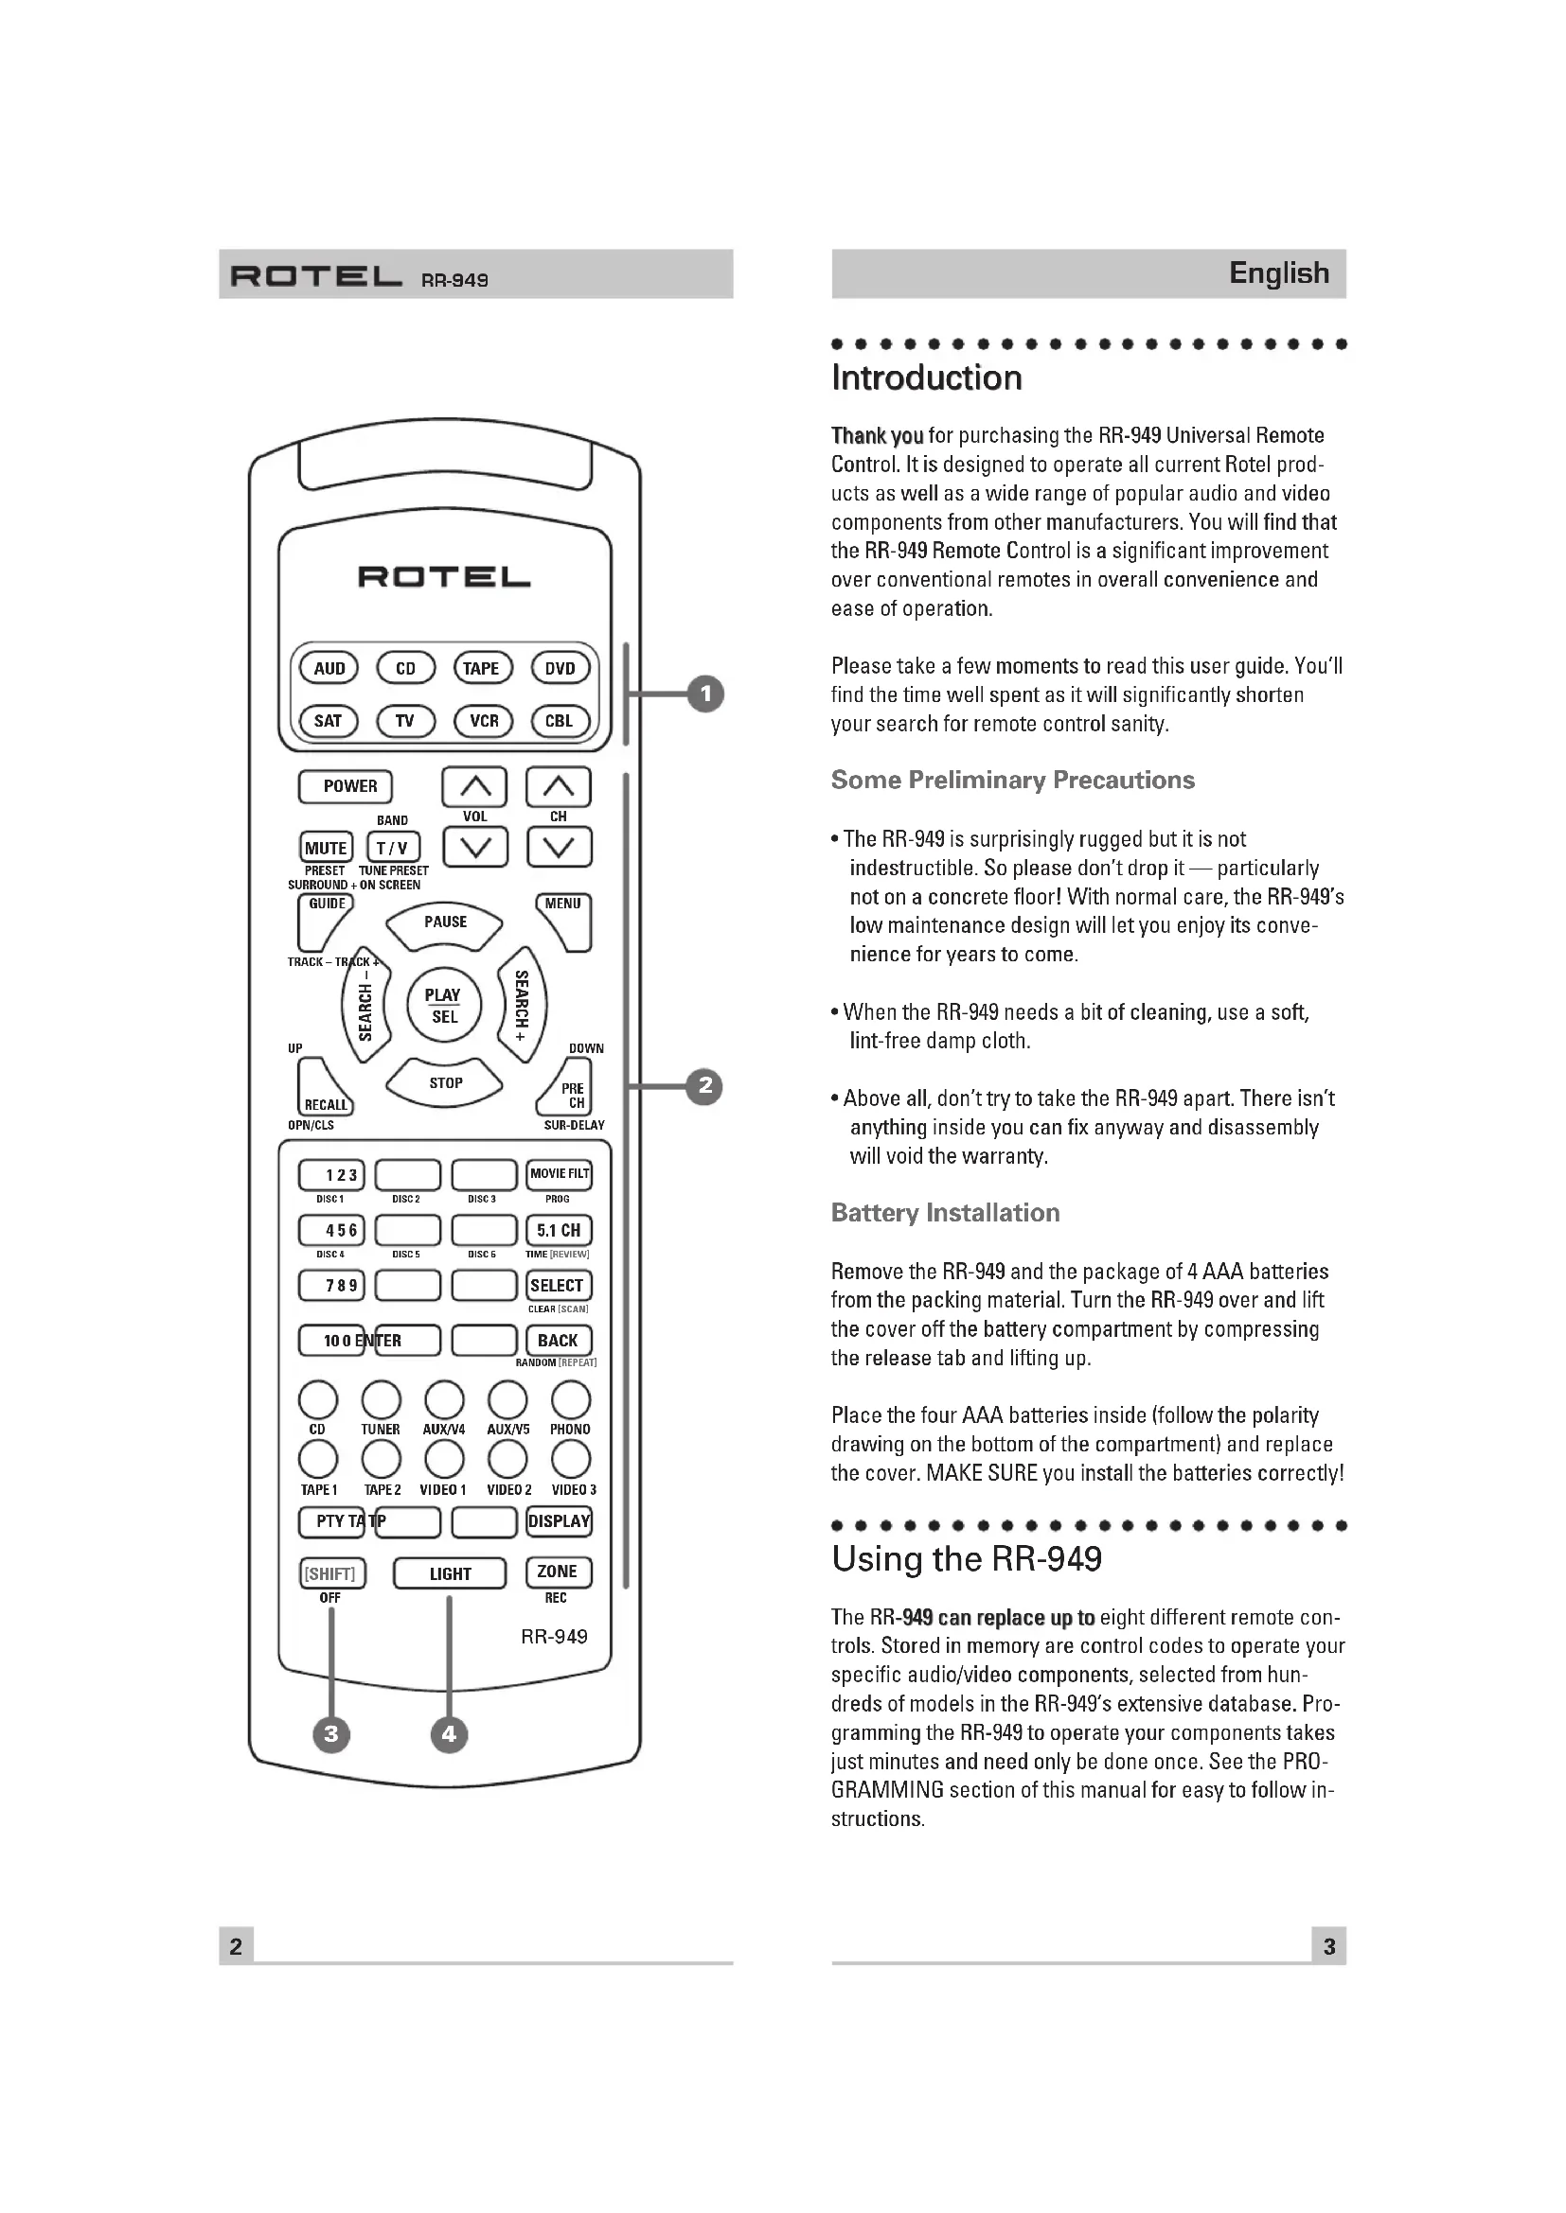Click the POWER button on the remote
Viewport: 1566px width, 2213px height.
click(x=346, y=786)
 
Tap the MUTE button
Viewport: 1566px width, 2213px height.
click(x=326, y=848)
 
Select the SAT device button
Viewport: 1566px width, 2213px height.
click(x=328, y=721)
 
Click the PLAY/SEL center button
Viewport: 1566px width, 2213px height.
click(x=443, y=1006)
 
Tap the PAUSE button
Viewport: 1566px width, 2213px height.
click(x=445, y=922)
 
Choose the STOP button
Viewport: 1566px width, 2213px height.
click(x=445, y=1083)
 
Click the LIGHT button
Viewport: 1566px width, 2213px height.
click(x=450, y=1574)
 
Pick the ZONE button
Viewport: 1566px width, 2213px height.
click(x=558, y=1572)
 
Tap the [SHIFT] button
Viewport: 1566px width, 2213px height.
click(x=330, y=1574)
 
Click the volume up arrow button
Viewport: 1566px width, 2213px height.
click(x=474, y=787)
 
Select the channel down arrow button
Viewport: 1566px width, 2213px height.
click(x=560, y=848)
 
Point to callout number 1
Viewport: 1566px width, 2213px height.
click(x=706, y=694)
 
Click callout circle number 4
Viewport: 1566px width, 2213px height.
click(x=450, y=1735)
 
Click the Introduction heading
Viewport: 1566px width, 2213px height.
click(x=927, y=378)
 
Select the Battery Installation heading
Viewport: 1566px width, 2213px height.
click(x=945, y=1213)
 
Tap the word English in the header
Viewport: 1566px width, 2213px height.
click(x=1278, y=273)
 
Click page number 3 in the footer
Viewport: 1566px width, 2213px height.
click(x=1328, y=1946)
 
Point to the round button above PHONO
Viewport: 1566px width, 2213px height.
click(x=571, y=1399)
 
